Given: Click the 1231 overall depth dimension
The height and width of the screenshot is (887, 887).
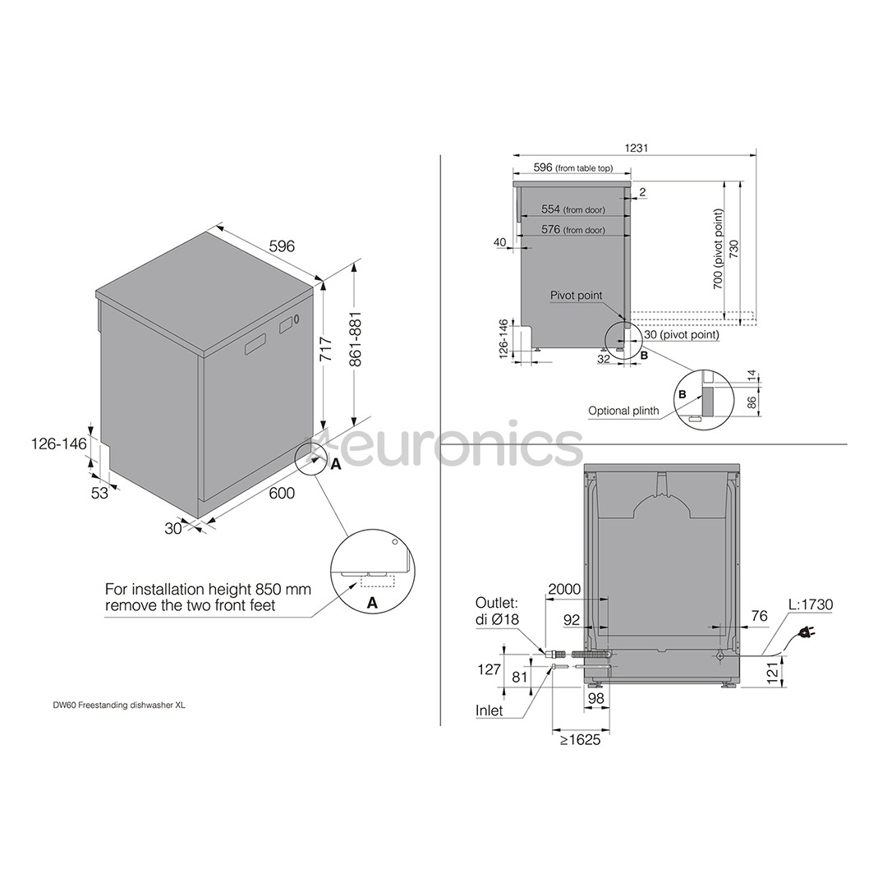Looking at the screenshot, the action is [636, 148].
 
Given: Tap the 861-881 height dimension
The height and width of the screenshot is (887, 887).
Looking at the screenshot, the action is [356, 338].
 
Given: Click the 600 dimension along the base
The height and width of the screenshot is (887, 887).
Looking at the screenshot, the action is [282, 493].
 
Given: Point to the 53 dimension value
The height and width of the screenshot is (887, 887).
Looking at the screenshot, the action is [99, 493].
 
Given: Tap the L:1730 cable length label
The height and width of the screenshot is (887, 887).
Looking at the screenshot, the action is [811, 604].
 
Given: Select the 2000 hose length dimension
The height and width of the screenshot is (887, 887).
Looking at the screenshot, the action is [564, 589].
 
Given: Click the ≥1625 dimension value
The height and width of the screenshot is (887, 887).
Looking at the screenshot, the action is [580, 739].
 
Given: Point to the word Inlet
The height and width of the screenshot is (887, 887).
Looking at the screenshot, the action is [489, 710].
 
